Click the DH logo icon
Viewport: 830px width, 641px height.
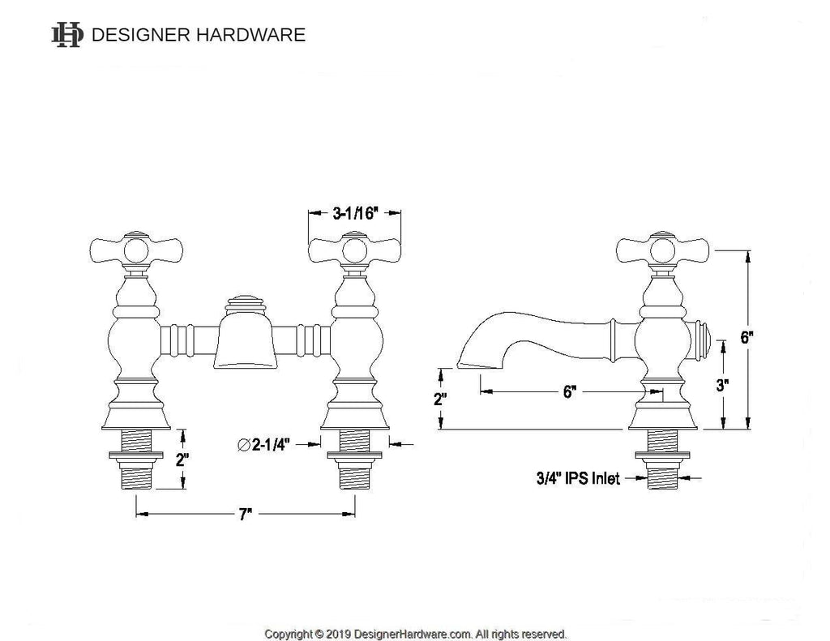(x=66, y=35)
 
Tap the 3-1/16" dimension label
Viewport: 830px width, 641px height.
(x=356, y=214)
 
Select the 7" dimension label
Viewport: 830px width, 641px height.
(x=246, y=514)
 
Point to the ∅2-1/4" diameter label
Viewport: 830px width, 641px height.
(x=267, y=443)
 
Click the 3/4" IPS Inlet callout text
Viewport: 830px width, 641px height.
(x=578, y=479)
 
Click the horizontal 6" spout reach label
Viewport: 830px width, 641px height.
(x=570, y=392)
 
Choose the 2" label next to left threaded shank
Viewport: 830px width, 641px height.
(x=182, y=459)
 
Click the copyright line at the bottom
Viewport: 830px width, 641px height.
(x=416, y=634)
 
